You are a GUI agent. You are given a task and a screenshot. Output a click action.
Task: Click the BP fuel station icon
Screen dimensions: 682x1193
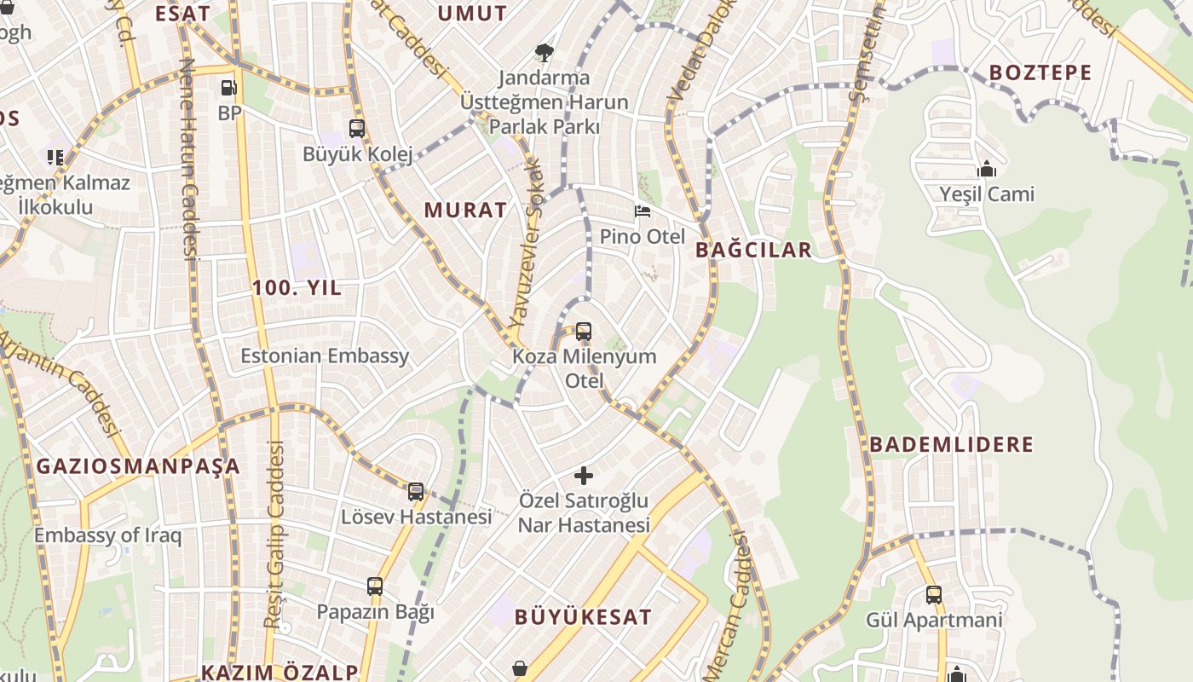(228, 87)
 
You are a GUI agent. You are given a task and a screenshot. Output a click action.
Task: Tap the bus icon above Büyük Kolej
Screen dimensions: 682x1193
(357, 129)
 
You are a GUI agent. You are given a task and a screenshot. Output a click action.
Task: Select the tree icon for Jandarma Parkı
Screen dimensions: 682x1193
(543, 53)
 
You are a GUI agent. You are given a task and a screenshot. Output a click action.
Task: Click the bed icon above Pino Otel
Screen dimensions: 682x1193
(643, 211)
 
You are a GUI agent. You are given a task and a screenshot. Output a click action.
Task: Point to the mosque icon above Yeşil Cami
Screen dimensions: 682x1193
(987, 169)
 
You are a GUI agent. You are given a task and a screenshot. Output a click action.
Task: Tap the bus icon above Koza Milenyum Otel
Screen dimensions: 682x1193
(584, 331)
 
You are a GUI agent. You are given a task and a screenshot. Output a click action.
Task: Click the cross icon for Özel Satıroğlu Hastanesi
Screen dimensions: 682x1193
(584, 475)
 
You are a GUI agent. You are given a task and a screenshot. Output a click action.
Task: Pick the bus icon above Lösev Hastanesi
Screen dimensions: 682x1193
(416, 491)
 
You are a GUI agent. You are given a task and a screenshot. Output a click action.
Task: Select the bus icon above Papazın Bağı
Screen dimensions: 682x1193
(375, 586)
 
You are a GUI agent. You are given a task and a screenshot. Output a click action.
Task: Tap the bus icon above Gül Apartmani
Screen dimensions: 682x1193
(934, 594)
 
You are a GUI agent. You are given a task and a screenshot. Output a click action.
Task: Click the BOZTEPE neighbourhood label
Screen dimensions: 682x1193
(1040, 72)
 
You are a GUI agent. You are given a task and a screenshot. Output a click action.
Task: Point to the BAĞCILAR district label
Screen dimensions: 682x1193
(753, 250)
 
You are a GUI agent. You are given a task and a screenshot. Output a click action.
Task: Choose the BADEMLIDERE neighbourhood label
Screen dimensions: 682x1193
(951, 444)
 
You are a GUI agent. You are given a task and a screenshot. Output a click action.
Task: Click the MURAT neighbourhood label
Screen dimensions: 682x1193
(465, 210)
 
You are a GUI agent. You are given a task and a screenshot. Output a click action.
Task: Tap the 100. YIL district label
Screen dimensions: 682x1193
(297, 288)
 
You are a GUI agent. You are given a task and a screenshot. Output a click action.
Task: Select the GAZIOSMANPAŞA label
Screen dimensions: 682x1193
(138, 466)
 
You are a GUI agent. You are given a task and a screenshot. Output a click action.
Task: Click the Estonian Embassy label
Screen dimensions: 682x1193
(325, 355)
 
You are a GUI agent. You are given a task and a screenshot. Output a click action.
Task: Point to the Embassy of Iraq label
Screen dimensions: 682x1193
(107, 535)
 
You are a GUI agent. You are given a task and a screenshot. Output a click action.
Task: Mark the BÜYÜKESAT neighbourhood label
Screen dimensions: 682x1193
(583, 617)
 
